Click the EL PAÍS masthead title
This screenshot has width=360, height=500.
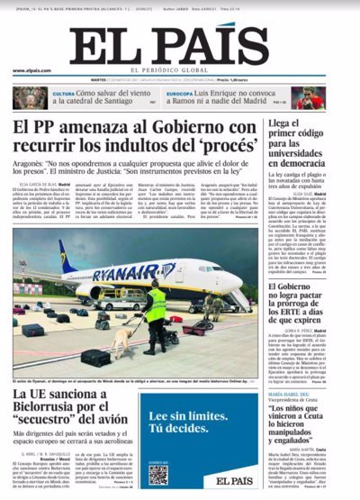coord(179,44)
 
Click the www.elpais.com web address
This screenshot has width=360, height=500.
coord(31,71)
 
